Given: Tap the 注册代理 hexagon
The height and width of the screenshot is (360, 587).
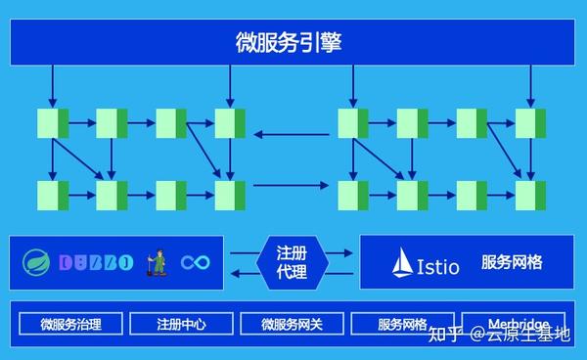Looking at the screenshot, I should pyautogui.click(x=293, y=262).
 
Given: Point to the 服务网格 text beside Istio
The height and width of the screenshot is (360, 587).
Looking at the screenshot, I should pyautogui.click(x=512, y=263).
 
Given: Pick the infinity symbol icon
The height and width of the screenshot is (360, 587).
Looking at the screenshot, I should pyautogui.click(x=196, y=262).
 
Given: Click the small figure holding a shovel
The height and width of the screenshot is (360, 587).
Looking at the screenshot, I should pyautogui.click(x=156, y=261).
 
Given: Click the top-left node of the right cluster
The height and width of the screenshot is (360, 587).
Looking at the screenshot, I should pyautogui.click(x=353, y=123).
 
